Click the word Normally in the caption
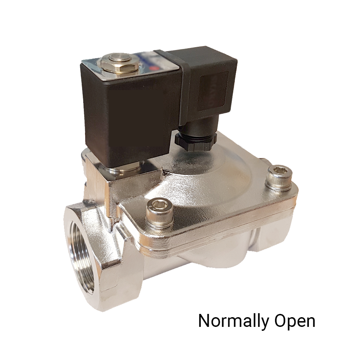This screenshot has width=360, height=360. (x=233, y=321)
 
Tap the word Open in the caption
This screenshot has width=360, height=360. (x=294, y=321)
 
